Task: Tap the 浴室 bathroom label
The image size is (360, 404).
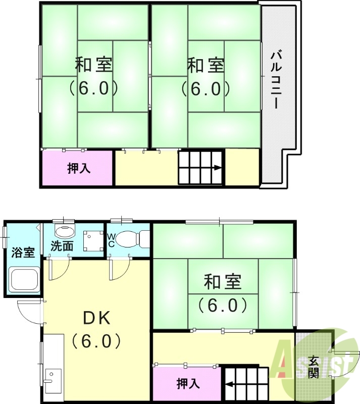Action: tap(23, 252)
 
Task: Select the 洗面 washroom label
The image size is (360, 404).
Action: tap(62, 246)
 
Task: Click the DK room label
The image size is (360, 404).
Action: tap(96, 319)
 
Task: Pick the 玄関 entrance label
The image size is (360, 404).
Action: tap(314, 368)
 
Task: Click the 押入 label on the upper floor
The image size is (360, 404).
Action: tap(79, 169)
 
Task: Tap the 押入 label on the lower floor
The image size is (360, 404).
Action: tap(188, 384)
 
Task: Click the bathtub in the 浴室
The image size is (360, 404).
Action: tap(24, 279)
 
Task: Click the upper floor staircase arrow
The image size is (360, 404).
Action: tap(217, 169)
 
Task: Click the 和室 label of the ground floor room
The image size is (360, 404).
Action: tap(223, 282)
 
